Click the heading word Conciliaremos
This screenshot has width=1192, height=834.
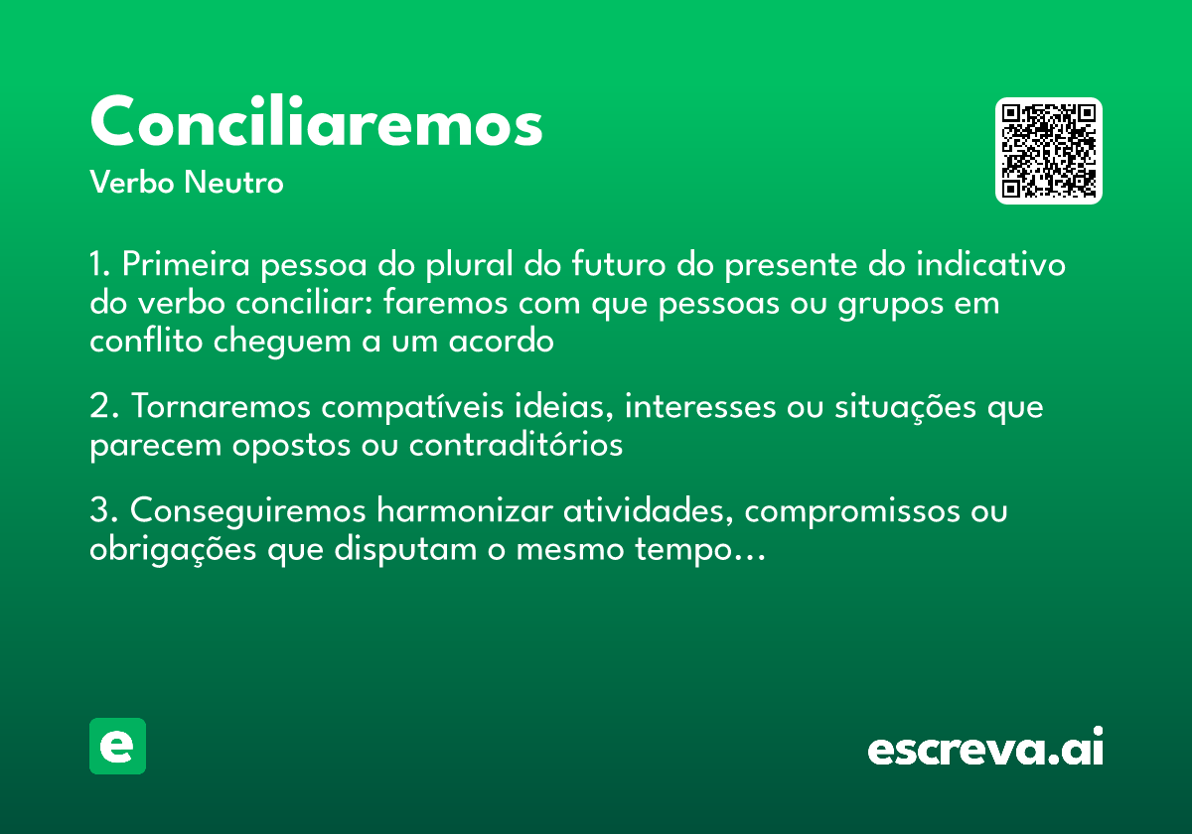(x=316, y=123)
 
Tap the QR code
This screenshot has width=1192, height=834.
(x=1049, y=151)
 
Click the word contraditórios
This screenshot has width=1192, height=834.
(x=516, y=445)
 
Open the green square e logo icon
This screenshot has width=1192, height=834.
(x=117, y=746)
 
